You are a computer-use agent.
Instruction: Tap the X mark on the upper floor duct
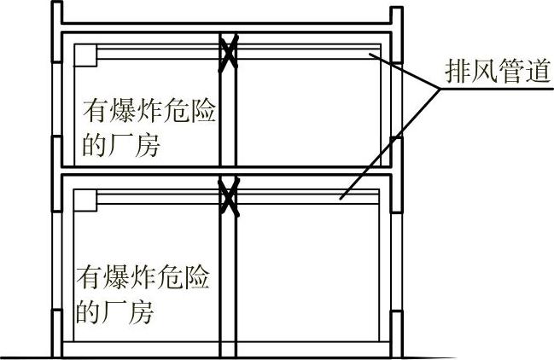(x=227, y=53)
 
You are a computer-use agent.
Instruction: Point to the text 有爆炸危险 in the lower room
(x=144, y=278)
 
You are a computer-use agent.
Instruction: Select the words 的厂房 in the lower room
(x=114, y=312)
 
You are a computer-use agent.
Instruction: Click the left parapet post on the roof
(x=55, y=18)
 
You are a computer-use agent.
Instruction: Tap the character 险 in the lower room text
(x=199, y=278)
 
